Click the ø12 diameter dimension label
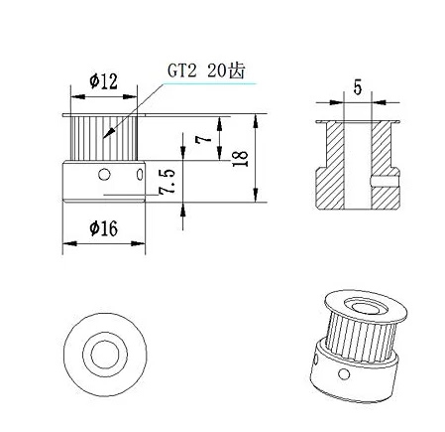tap(103, 83)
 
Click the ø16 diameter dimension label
tap(103, 227)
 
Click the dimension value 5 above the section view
tap(357, 87)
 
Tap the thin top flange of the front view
tap(103, 115)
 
